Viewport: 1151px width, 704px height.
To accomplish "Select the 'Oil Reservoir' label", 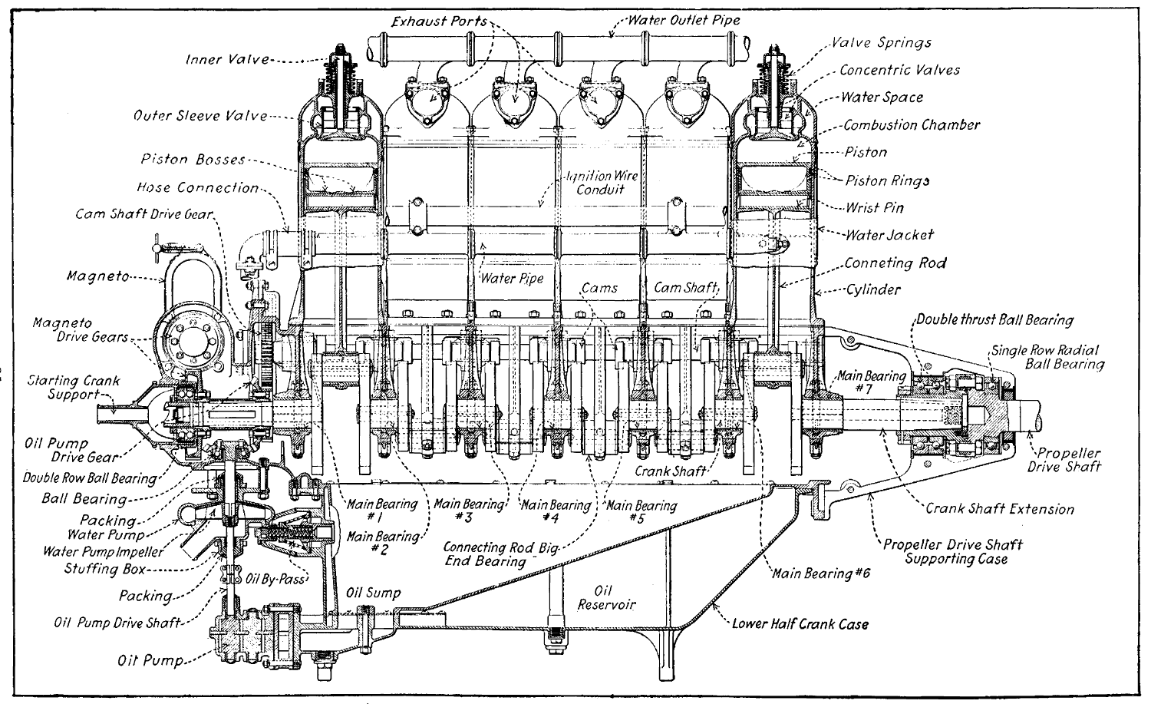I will [604, 597].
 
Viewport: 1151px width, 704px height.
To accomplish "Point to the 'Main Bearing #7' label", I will [871, 382].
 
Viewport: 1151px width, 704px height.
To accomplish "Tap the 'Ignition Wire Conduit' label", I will [602, 183].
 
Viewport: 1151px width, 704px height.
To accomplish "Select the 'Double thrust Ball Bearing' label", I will [995, 319].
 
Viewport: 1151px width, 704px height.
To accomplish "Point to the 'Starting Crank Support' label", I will [63, 387].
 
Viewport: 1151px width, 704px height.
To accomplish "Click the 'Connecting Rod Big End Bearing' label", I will [503, 554].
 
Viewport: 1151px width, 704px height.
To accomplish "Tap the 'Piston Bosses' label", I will [193, 160].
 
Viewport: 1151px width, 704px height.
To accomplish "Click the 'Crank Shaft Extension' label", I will [999, 508].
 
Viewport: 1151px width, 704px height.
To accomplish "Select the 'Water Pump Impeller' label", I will [102, 551].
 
